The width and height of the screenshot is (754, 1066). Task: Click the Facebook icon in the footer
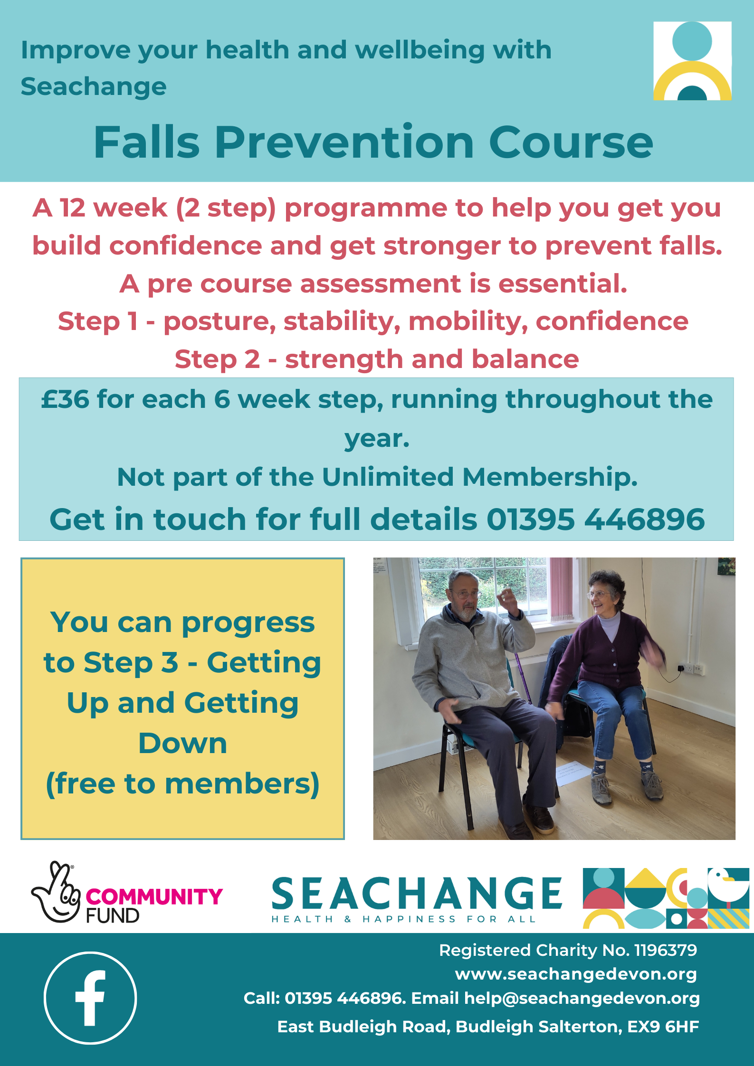tap(90, 998)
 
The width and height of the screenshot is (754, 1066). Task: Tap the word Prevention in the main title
tap(344, 142)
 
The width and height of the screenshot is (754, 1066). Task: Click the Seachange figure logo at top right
tap(692, 61)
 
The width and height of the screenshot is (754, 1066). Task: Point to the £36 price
tap(65, 399)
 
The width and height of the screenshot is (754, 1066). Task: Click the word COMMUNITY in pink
tap(154, 897)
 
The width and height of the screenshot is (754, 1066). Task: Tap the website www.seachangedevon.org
tap(576, 974)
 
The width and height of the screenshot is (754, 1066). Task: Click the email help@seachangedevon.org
tap(582, 998)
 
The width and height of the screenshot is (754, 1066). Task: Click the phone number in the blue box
tap(596, 519)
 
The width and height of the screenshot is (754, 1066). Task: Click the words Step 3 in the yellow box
tap(131, 662)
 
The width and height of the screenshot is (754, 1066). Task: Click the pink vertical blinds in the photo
tap(562, 589)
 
